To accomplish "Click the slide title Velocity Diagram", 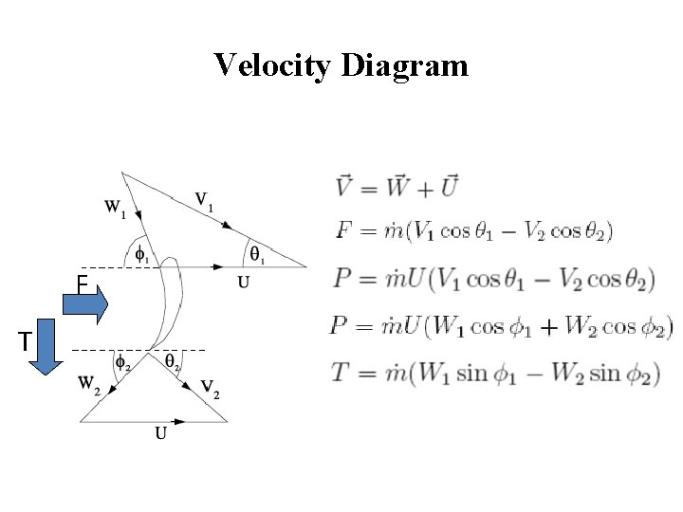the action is [x=341, y=65].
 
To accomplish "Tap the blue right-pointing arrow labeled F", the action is [x=86, y=304].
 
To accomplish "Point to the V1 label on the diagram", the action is [x=204, y=200].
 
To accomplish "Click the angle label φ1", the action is [x=140, y=253].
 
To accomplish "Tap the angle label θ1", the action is [x=257, y=253].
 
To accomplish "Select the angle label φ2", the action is [x=123, y=361].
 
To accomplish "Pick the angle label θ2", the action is [x=173, y=361].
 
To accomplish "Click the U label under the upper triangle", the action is [x=243, y=282].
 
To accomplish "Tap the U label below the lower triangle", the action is [x=160, y=434].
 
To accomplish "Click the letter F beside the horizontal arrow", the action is [x=83, y=283].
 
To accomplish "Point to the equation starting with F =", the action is [x=474, y=230].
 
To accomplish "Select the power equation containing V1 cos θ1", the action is [x=494, y=279].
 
